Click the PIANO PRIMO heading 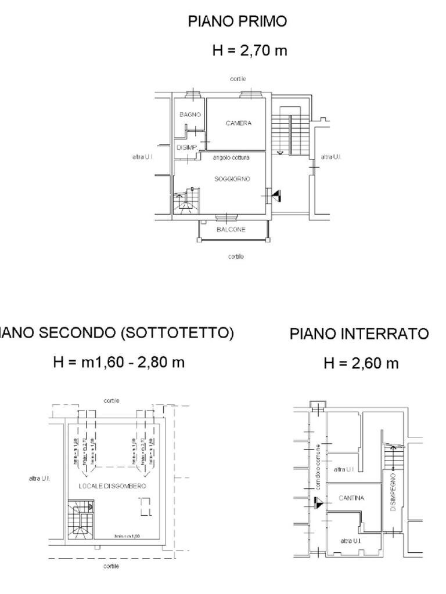coord(237,22)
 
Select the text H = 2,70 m coord(250,50)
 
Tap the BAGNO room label coord(190,115)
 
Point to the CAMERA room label coord(239,123)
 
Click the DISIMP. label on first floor coord(186,148)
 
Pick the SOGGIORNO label coord(232,179)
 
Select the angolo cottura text coord(231,158)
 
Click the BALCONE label coord(231,230)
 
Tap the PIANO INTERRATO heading coord(359,334)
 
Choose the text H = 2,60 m coord(361,364)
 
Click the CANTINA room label coord(351,498)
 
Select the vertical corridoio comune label coord(319,465)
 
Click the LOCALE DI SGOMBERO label coord(112,486)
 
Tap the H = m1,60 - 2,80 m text coord(118,363)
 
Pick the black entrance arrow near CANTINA coord(317,503)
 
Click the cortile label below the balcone coord(236,256)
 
